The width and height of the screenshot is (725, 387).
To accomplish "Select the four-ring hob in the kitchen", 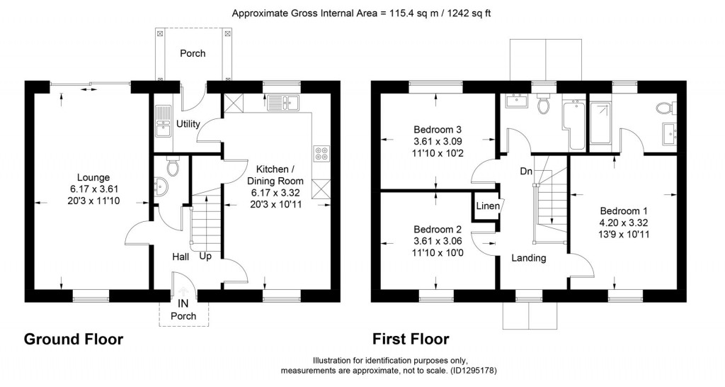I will pos(319,154).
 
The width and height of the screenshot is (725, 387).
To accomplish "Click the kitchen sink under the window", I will pos(291,105).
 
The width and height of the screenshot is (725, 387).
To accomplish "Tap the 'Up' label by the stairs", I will pos(205,256).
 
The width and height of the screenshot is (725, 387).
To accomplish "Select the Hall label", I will pos(180,256).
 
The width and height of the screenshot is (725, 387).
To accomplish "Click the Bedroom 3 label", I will pos(437,130).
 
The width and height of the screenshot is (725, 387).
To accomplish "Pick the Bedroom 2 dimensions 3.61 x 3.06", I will pos(437,241).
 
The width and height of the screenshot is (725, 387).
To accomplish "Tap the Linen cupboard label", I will pos(487,206).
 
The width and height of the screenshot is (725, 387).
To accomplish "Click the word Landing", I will pos(529,258).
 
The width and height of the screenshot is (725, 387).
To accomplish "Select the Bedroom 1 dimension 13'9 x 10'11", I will pos(624,234).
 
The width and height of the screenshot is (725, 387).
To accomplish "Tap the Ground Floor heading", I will pos(74,340).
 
